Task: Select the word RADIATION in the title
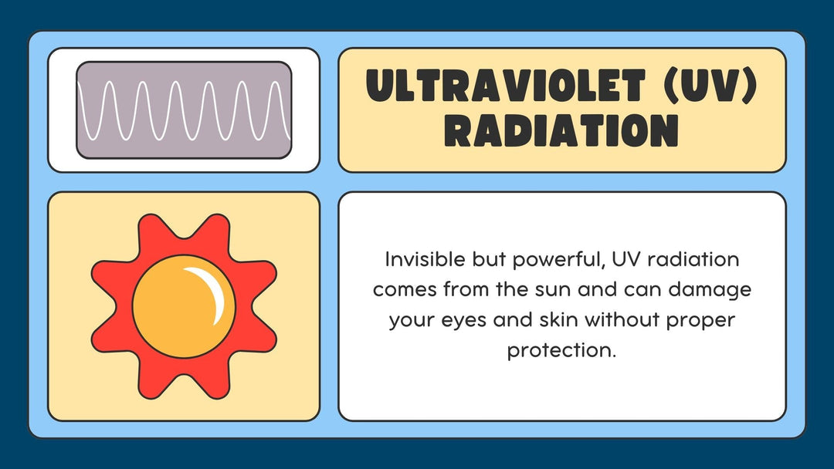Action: pos(561,130)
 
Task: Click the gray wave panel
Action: pos(184,110)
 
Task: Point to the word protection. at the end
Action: pos(561,349)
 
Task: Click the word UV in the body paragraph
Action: pos(623,259)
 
